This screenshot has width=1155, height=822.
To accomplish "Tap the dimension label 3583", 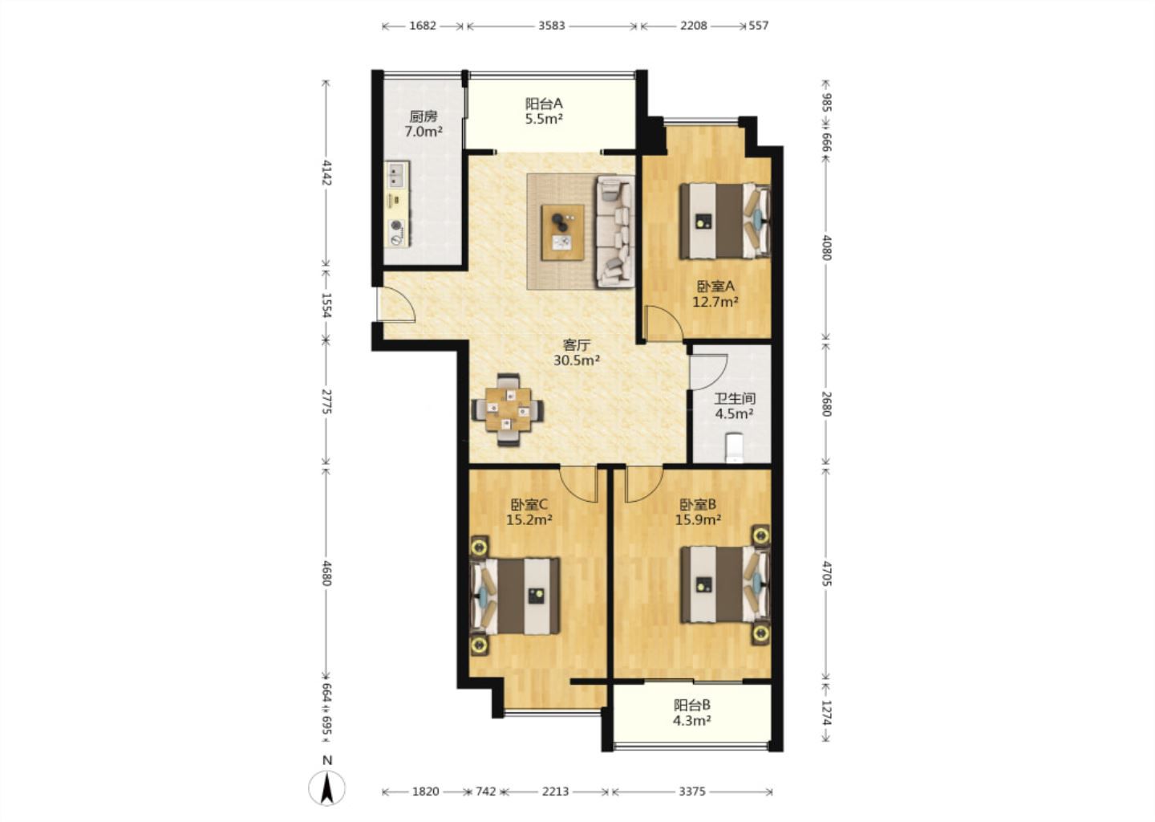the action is (x=552, y=25).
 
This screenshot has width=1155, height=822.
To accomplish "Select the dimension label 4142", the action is (x=326, y=173).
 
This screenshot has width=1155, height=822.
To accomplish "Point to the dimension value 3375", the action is (x=691, y=791).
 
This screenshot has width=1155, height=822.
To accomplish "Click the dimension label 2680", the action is (x=826, y=404).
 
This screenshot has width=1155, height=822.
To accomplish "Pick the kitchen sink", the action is (x=397, y=175).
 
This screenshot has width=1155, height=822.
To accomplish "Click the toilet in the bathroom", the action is (x=733, y=449).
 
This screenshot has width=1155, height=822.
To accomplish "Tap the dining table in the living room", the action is (x=508, y=409).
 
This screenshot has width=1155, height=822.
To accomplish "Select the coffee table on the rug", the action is (x=562, y=232).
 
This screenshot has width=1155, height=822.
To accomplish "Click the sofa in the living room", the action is (x=615, y=232).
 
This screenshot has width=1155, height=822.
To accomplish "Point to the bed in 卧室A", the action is (x=725, y=221).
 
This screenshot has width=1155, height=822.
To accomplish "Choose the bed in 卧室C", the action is (x=515, y=596).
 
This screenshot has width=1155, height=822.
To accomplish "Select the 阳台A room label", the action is (x=544, y=104).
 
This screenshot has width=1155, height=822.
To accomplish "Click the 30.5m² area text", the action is (x=577, y=360).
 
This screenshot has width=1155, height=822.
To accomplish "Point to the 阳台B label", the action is (x=692, y=705).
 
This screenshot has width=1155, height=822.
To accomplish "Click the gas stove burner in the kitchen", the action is (x=396, y=226).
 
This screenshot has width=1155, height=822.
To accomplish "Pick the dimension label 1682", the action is (x=423, y=25).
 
